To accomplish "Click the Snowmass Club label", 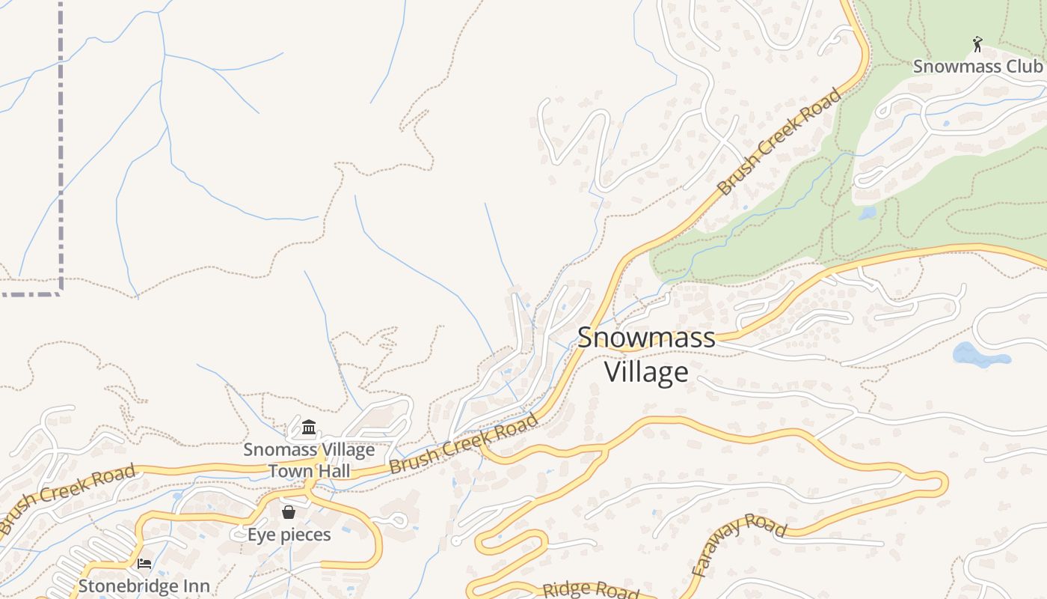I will click(977, 66).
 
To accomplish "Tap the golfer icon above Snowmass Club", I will click(977, 45).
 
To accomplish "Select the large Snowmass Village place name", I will click(646, 354).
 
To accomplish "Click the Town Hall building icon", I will click(308, 428).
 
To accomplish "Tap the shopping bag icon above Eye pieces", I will click(289, 512).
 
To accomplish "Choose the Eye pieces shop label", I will click(289, 535).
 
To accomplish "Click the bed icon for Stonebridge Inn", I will click(144, 563).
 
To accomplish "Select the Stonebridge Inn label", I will click(144, 586).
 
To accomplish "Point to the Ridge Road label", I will click(591, 590).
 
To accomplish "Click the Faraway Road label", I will click(739, 545).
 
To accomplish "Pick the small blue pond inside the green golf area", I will click(868, 213).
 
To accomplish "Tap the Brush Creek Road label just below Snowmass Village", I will click(464, 444).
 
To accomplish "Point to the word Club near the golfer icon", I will click(1022, 66).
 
